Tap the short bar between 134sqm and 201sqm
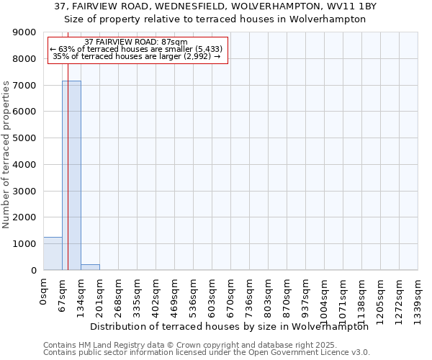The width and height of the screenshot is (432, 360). pyautogui.click(x=90, y=267)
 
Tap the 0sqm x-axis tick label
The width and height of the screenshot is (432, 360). pyautogui.click(x=44, y=291)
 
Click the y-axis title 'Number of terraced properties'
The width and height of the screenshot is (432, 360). pyautogui.click(x=6, y=155)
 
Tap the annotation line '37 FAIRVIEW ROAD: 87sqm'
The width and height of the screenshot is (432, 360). pyautogui.click(x=135, y=42)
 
